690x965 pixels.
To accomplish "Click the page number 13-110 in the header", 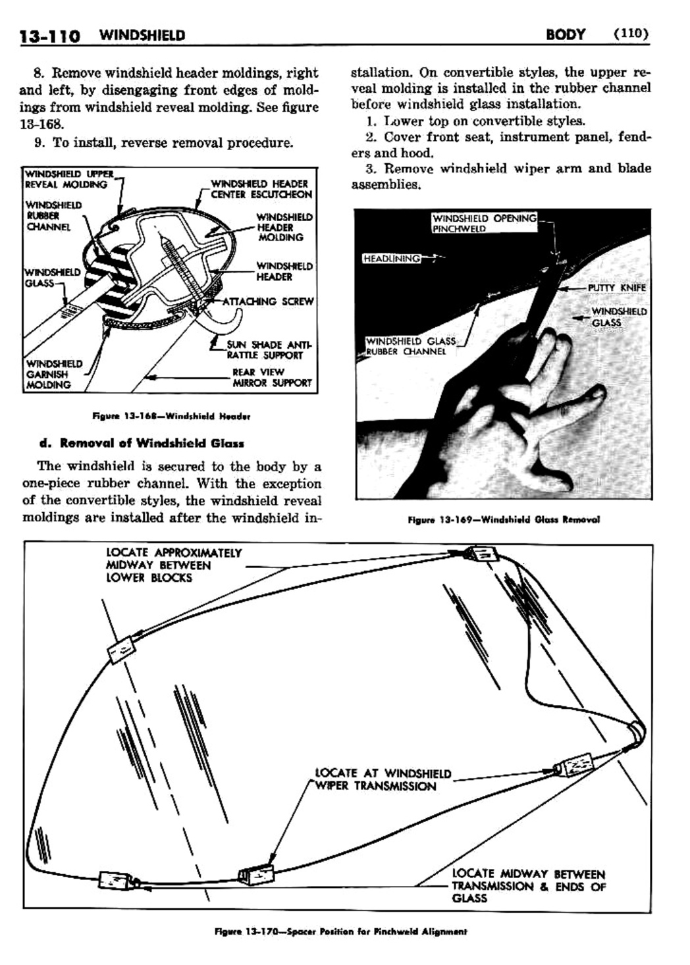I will [x=49, y=35].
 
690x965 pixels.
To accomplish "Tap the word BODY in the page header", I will [x=565, y=34].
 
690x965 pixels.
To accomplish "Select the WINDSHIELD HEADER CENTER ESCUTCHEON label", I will [x=261, y=189].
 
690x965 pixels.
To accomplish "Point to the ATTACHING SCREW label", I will [x=267, y=301].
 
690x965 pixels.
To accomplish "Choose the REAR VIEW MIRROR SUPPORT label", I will [x=271, y=377].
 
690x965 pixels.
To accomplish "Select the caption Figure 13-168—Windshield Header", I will [x=172, y=416].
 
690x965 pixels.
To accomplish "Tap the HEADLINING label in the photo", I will [x=392, y=258].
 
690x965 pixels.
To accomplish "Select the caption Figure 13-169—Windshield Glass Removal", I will [x=504, y=519].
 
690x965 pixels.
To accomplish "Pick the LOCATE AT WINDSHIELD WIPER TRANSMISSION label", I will [x=383, y=779].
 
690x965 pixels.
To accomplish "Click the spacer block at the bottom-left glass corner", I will [x=110, y=879].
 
